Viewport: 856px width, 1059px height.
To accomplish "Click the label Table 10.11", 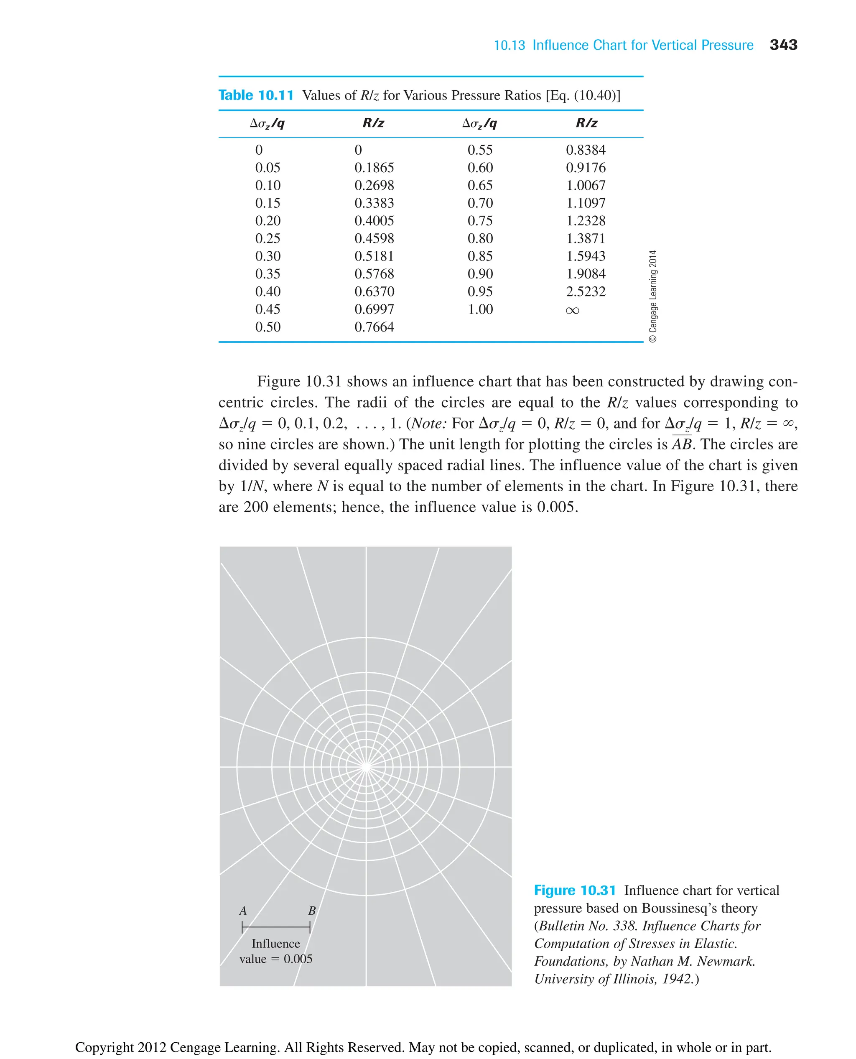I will (x=256, y=95).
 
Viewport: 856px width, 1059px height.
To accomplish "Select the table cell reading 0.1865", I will (x=374, y=168).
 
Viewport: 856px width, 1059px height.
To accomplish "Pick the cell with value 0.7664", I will (x=374, y=327).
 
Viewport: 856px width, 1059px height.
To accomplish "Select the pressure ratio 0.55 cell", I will (x=480, y=150).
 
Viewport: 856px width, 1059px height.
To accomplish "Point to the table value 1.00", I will (x=480, y=309).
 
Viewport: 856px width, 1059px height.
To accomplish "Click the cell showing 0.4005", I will (x=374, y=221).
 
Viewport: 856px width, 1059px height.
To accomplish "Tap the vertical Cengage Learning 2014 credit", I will (x=652, y=296).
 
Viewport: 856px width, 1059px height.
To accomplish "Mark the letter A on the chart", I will (x=242, y=911).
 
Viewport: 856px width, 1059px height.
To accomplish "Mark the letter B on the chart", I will (x=312, y=911).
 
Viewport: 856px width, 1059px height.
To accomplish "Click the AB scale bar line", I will (x=276, y=927).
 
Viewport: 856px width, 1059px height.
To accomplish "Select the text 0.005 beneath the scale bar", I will (x=298, y=959).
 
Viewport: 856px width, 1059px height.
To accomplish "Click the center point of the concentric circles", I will (x=366, y=767).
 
